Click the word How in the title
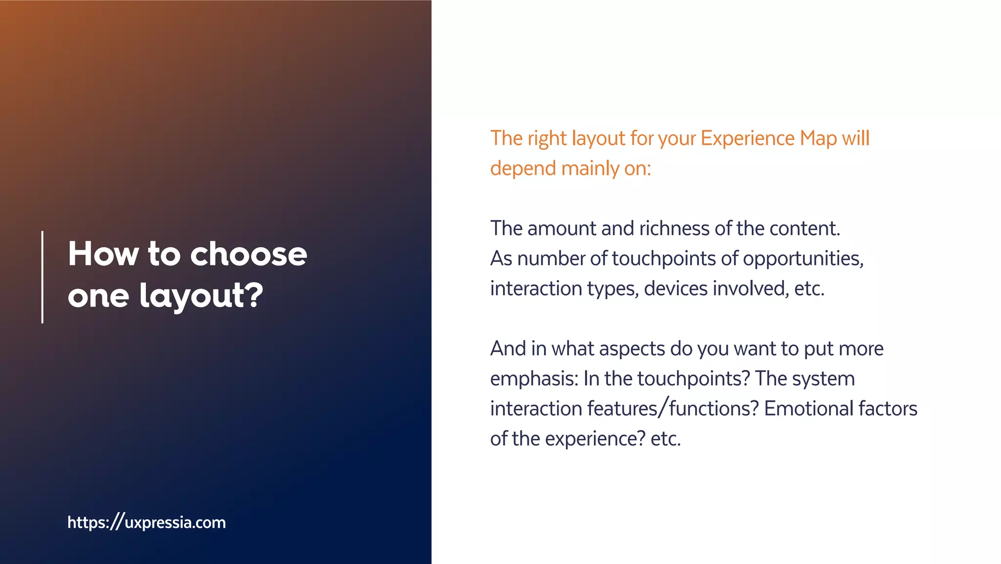(103, 254)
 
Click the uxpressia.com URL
(147, 522)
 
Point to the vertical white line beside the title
(43, 277)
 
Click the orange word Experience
(748, 138)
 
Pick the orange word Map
(818, 138)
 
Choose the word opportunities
(803, 259)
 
